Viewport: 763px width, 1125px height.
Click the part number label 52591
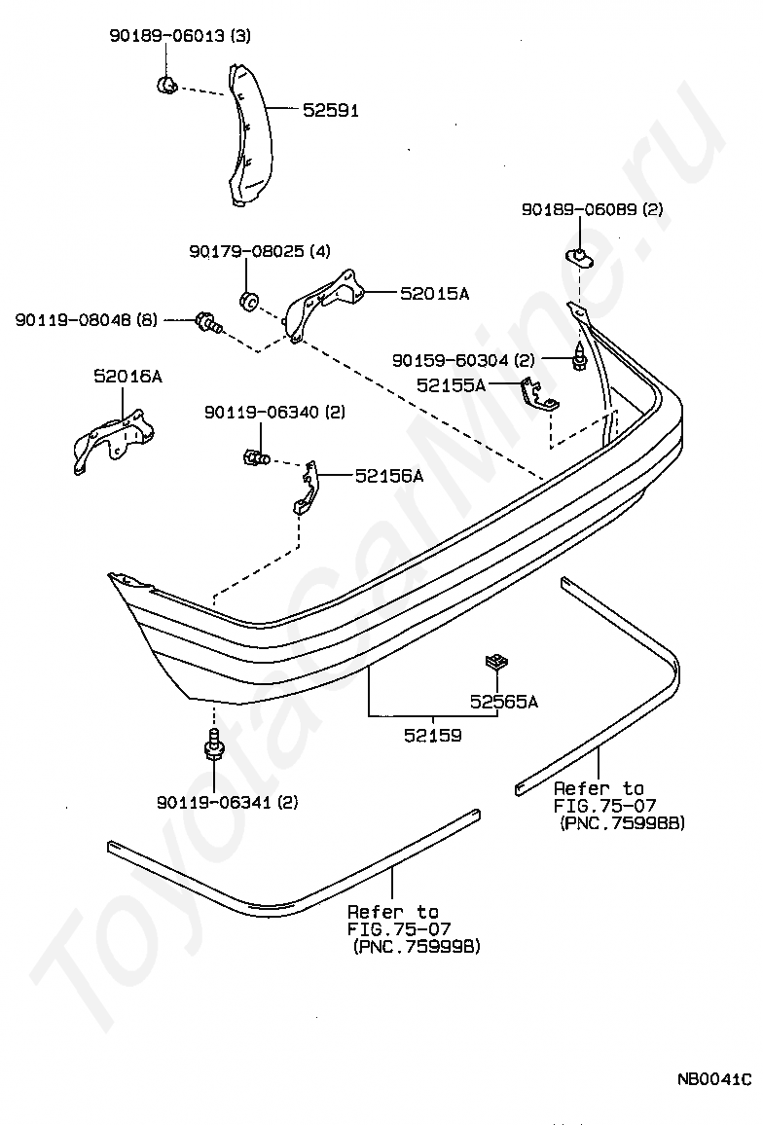tap(330, 111)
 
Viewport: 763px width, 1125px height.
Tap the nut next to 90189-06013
tap(166, 86)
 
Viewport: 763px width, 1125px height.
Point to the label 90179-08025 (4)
tap(260, 252)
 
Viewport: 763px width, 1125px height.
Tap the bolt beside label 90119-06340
tap(251, 455)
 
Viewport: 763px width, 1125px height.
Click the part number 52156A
tap(388, 476)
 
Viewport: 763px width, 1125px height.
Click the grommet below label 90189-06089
tap(580, 257)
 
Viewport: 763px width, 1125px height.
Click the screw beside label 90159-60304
tap(579, 359)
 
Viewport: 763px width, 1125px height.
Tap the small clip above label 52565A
tap(496, 664)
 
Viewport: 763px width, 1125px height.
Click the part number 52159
tap(433, 736)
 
